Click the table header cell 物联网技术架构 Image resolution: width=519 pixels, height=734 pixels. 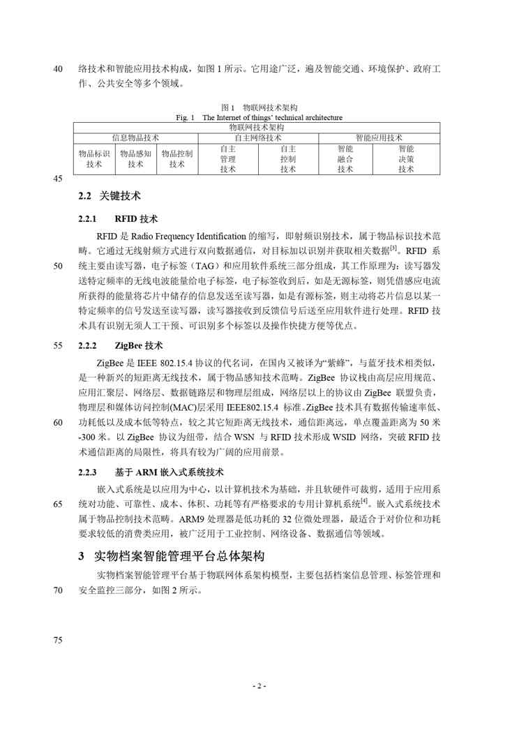tap(256, 128)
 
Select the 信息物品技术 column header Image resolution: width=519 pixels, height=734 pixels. tap(136, 137)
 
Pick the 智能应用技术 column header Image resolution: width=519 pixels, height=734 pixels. tap(379, 137)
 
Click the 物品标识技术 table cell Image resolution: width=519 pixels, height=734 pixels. tap(94, 158)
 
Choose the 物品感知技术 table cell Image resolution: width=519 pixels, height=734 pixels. tap(135, 158)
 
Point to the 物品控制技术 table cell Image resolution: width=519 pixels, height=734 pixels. tap(176, 158)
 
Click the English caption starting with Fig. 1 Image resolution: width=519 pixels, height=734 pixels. tap(259, 117)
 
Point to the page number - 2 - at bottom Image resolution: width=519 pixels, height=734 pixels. tap(259, 687)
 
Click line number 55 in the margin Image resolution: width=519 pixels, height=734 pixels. tap(58, 345)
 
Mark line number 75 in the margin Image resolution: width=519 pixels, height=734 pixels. tap(58, 641)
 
